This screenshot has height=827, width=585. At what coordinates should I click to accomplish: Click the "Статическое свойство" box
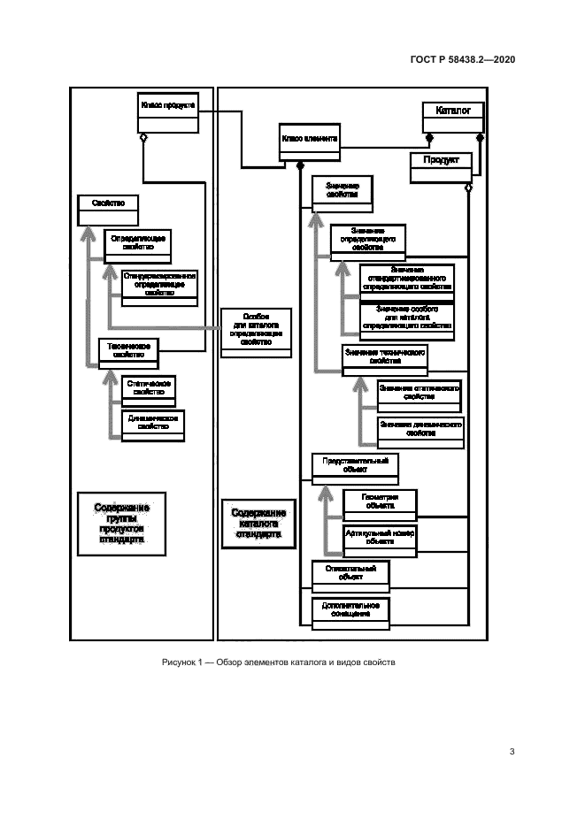148,388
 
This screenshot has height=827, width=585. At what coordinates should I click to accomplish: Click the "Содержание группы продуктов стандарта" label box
121,523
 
